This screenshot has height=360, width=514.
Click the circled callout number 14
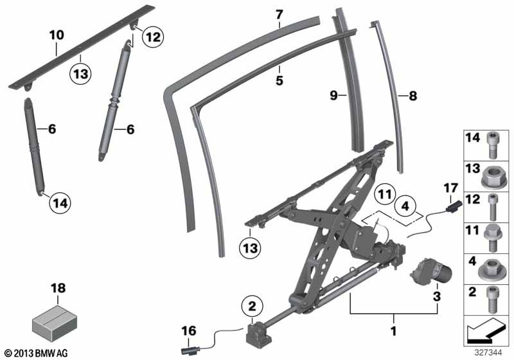(60, 203)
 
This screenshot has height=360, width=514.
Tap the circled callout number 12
(153, 37)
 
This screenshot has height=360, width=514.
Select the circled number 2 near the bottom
(252, 306)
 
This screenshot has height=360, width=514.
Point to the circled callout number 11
(385, 194)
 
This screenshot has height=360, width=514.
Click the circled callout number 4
(405, 206)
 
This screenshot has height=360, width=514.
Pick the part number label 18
(58, 288)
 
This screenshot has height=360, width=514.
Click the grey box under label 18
(55, 322)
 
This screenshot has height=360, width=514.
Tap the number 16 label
(189, 331)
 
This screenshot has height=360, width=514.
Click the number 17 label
(451, 188)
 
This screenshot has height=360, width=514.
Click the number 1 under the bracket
(394, 330)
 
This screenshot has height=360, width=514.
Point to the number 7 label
(279, 15)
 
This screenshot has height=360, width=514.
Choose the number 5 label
(279, 80)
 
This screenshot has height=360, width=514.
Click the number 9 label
(333, 95)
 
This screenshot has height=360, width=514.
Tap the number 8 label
(412, 96)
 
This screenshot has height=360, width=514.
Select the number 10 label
(57, 35)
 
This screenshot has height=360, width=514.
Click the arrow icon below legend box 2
(485, 330)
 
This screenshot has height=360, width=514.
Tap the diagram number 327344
(488, 353)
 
